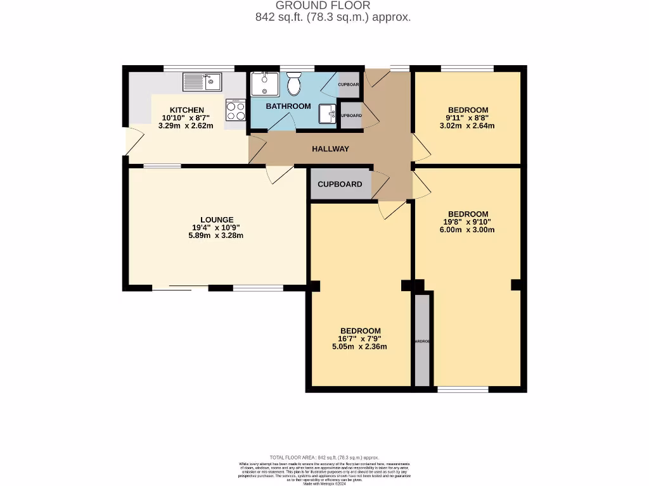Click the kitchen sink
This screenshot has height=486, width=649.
click(202, 82)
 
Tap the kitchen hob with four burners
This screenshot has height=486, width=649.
click(236, 111)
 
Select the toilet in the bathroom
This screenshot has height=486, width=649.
click(294, 82)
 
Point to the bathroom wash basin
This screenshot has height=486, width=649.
click(328, 113)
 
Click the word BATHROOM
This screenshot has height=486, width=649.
click(288, 106)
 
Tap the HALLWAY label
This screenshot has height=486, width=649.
click(330, 149)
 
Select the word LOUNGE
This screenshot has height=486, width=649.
click(216, 220)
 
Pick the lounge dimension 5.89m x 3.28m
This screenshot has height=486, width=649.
click(216, 235)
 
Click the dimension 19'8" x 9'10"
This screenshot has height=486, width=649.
click(468, 221)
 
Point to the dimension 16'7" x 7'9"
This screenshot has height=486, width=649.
click(360, 339)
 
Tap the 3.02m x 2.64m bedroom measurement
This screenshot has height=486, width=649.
click(468, 125)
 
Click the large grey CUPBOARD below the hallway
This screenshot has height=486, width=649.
click(340, 184)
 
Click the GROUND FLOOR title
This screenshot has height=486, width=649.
click(333, 6)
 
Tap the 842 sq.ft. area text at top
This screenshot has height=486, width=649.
click(333, 18)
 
